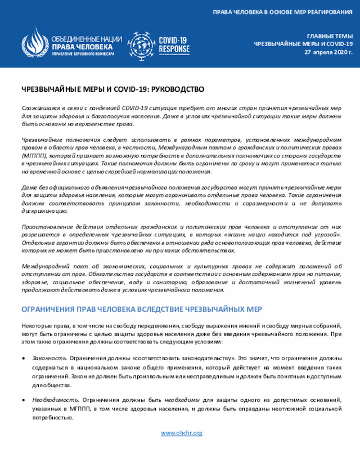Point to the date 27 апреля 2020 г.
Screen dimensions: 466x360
point(328,52)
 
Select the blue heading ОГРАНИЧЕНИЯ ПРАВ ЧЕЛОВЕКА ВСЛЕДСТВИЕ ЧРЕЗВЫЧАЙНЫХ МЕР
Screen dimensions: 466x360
point(141,310)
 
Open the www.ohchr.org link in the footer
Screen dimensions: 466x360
point(181,433)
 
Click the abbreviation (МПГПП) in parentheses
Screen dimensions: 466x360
point(33,154)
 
